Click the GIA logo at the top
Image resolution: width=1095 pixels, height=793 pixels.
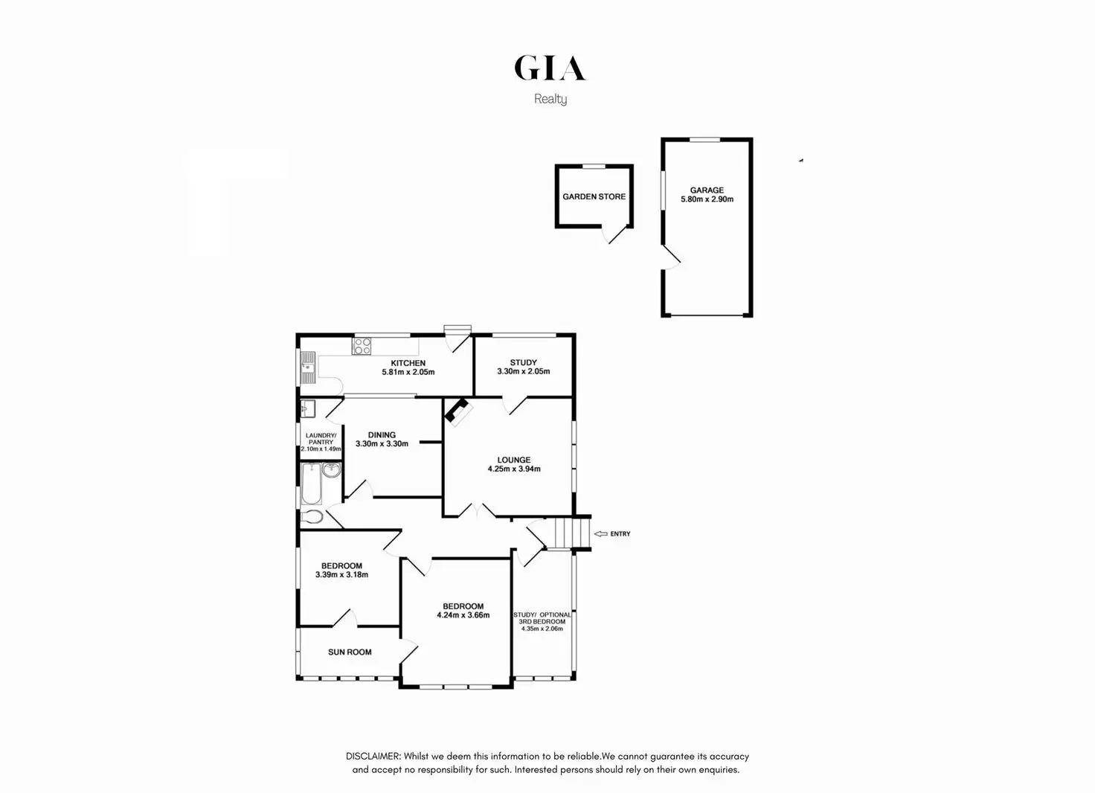pos(550,68)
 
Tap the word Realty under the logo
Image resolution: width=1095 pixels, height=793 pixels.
pos(550,99)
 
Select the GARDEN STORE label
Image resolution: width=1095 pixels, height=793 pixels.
pos(594,196)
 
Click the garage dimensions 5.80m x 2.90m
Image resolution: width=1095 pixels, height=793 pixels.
pos(707,199)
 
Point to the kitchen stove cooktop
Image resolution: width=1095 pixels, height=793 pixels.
pos(362,346)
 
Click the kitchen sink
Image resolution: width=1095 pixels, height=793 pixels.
pos(307,367)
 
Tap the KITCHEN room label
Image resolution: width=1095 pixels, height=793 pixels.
pos(408,363)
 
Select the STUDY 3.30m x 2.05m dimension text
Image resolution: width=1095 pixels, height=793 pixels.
pos(524,371)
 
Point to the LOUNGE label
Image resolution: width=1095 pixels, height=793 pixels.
pos(514,460)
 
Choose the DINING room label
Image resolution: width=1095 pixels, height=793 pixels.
pos(382,435)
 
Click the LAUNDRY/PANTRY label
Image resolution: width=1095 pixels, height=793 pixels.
pos(321,439)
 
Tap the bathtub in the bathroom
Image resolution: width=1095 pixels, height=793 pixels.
pos(311,484)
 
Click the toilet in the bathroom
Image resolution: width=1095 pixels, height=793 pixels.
pos(312,516)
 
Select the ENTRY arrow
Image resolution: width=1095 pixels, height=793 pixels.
pos(600,534)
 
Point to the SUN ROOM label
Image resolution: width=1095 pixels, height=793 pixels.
pos(350,652)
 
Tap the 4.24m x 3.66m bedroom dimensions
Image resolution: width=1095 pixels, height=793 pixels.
pos(463,615)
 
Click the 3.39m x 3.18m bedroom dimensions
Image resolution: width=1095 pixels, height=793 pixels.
pos(341,574)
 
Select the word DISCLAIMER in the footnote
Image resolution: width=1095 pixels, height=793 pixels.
pos(373,756)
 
